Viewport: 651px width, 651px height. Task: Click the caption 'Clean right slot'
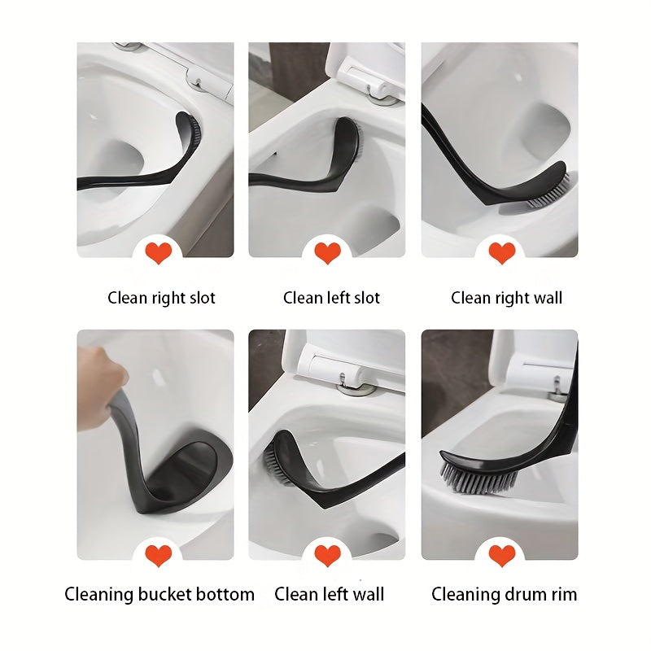tap(161, 298)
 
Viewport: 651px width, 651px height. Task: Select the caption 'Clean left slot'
tap(331, 298)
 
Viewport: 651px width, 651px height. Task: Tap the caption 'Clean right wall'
tap(506, 298)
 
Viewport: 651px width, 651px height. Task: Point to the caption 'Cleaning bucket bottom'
tap(159, 594)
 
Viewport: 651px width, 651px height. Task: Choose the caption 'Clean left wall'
tap(329, 594)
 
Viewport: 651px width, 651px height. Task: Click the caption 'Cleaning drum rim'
tap(504, 594)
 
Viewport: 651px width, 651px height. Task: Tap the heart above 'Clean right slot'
tap(159, 253)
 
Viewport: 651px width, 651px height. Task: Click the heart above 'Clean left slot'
tap(328, 253)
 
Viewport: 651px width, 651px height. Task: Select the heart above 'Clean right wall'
tap(502, 253)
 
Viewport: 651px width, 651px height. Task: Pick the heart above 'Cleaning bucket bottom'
tap(159, 556)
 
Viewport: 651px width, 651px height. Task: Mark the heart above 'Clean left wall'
tap(328, 556)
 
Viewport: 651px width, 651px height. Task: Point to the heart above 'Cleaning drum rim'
tap(502, 556)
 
